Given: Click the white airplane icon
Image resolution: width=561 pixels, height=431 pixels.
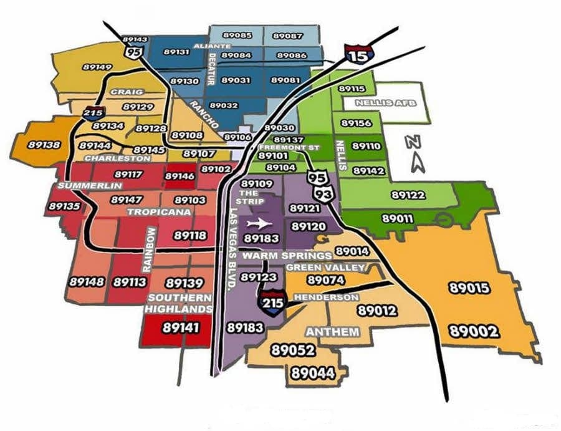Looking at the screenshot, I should coord(259,223).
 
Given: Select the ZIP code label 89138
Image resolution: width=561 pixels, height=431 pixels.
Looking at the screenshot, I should coord(44,145).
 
